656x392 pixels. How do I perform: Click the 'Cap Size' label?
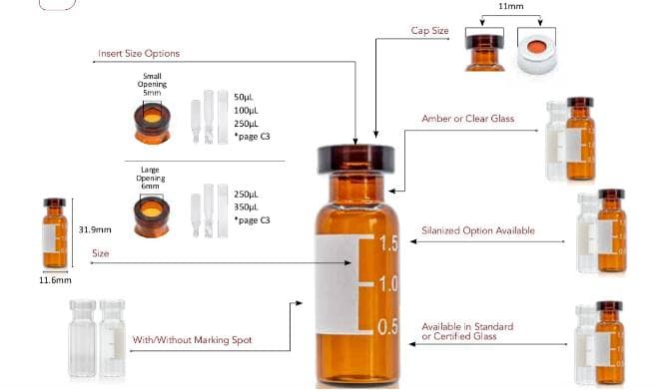(x=430, y=31)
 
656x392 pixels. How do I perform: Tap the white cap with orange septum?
(x=542, y=56)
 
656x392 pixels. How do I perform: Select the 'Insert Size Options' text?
(x=139, y=53)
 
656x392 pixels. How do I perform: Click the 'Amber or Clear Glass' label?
(x=467, y=119)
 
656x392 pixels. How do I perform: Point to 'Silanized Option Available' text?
(x=477, y=230)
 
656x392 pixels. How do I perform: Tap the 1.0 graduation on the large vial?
(x=388, y=284)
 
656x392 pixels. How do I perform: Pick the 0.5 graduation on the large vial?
(x=388, y=327)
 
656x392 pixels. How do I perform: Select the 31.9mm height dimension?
(x=95, y=229)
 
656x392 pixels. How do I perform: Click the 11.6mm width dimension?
(x=55, y=280)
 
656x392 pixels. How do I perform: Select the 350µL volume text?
(x=246, y=206)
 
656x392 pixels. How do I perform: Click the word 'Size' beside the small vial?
(x=101, y=254)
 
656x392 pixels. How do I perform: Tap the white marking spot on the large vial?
(x=336, y=285)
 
